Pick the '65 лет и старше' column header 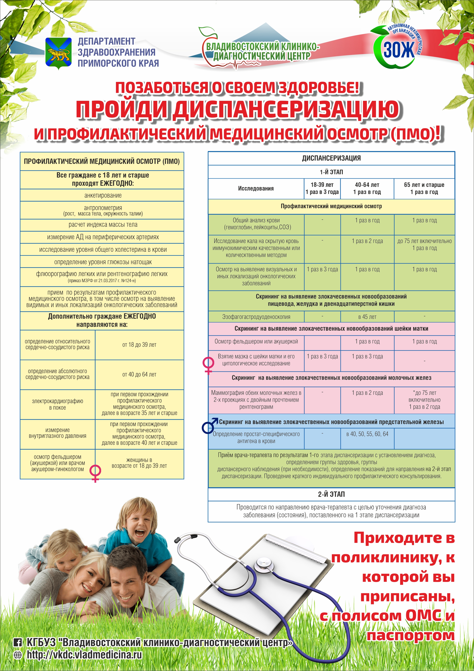coord(424,188)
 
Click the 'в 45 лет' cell coord(367,317)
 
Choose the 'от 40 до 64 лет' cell coord(139,374)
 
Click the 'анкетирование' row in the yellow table coord(103,195)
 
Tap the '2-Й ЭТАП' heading coord(331,494)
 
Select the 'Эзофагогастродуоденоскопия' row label coord(256,317)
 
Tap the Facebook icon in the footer coord(18,642)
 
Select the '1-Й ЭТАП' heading coord(331,172)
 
